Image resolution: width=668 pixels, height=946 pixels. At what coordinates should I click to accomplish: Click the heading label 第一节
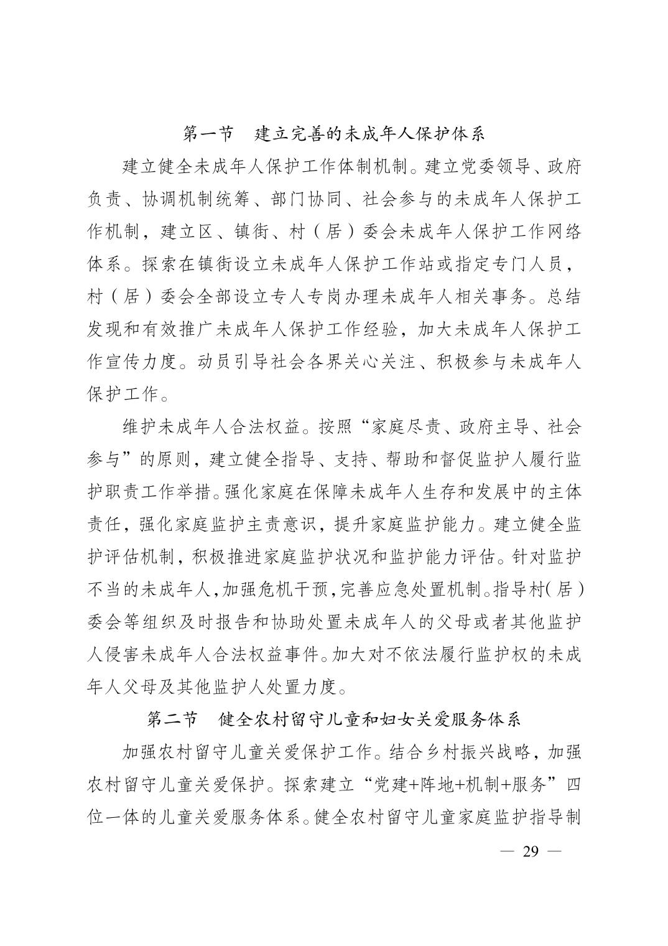pos(209,133)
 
